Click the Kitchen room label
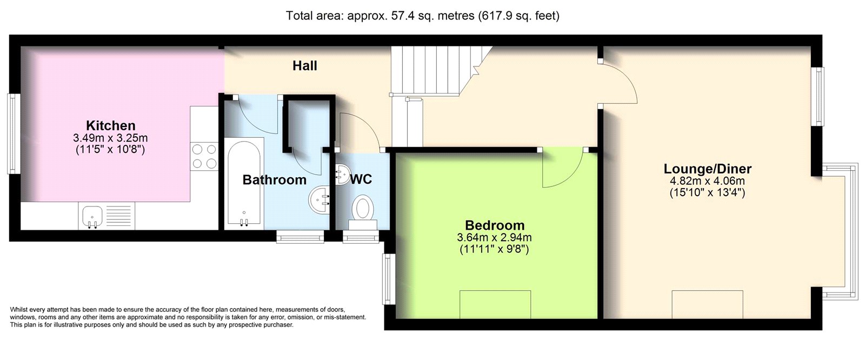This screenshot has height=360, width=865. click(x=111, y=125)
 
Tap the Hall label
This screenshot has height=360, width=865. click(x=305, y=65)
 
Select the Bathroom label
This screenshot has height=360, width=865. click(x=275, y=179)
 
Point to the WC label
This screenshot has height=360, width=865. click(x=361, y=179)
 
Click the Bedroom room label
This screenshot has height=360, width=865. click(x=495, y=225)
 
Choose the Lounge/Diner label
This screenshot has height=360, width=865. click(x=708, y=169)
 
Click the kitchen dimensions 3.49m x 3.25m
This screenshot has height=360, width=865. click(x=110, y=138)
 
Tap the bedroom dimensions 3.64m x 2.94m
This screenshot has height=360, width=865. click(x=494, y=237)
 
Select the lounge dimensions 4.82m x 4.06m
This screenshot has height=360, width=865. click(x=708, y=181)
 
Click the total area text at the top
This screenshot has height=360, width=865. click(x=422, y=16)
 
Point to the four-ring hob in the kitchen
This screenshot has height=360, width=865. click(x=204, y=156)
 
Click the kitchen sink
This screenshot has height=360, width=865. click(x=92, y=216)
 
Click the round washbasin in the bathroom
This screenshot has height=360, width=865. click(x=319, y=199)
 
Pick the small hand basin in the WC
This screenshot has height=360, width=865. click(x=342, y=175)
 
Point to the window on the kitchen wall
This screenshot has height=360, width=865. click(x=14, y=134)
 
